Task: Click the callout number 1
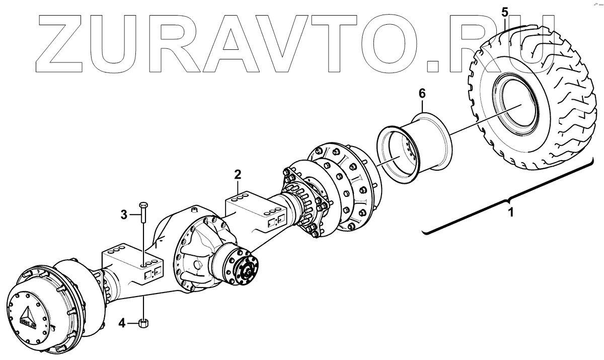pos(510,212)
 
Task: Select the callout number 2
pos(238,175)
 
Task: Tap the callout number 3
pos(124,215)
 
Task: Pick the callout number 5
pos(505,11)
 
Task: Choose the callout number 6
pos(422,93)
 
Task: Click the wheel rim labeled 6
pos(415,146)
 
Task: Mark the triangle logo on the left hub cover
pos(27,313)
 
